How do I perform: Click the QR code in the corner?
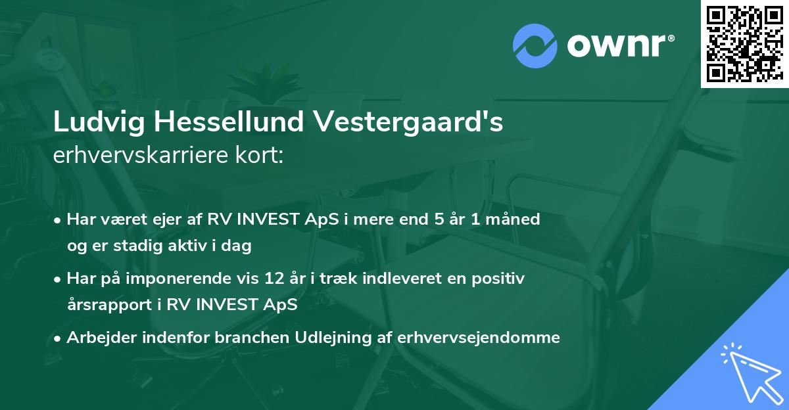744,43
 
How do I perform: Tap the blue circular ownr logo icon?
535,45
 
